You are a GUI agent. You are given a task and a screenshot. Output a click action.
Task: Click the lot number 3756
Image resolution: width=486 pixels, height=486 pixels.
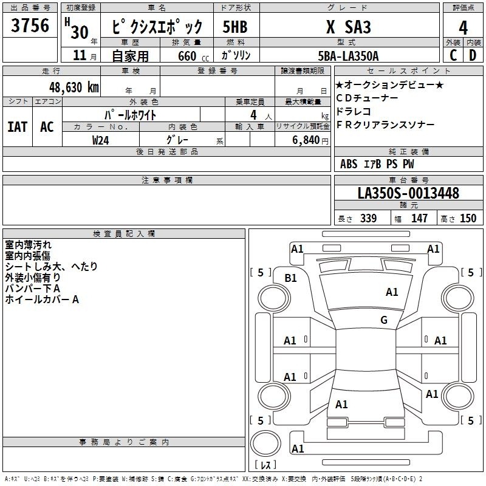tap(30, 25)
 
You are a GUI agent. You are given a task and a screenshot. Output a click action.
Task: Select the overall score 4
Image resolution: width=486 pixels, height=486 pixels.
tap(463, 28)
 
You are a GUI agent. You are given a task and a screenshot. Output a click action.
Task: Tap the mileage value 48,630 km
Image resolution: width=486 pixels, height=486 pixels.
tap(74, 87)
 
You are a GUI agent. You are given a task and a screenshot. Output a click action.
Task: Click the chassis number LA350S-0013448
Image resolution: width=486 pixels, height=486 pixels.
tap(408, 193)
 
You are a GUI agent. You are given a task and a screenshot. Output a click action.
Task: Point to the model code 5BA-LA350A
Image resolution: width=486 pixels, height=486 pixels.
tap(348, 56)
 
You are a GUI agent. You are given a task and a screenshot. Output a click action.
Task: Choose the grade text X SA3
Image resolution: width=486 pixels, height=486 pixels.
tap(348, 27)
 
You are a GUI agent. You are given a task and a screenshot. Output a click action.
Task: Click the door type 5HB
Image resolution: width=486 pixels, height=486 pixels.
tap(235, 27)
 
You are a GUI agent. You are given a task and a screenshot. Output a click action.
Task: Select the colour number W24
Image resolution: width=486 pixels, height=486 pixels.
tap(101, 140)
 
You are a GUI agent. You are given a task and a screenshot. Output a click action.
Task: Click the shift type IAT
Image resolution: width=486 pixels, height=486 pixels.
tap(18, 127)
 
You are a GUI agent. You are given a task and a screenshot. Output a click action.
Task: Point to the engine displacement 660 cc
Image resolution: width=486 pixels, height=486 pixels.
tap(193, 56)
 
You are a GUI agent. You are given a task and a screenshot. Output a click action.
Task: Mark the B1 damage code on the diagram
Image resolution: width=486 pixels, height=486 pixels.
tap(290, 278)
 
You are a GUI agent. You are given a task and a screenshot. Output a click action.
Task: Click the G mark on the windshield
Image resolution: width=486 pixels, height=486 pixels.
tap(384, 320)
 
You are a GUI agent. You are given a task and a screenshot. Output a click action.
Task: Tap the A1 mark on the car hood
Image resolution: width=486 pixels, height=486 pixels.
tap(392, 292)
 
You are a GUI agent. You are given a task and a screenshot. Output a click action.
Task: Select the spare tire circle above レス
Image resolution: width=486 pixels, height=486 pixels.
tap(265, 443)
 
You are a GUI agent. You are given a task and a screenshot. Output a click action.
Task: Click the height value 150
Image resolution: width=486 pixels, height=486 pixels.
tap(468, 218)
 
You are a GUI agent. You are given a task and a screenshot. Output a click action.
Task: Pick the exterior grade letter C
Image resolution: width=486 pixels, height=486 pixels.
tap(453, 55)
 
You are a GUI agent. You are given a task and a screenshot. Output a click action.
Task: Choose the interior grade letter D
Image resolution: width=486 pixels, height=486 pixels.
tap(473, 55)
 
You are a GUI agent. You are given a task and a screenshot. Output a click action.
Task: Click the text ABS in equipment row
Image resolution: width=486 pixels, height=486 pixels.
tap(349, 164)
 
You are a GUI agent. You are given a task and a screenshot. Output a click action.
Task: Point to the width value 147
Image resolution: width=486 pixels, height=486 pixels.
tap(419, 218)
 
